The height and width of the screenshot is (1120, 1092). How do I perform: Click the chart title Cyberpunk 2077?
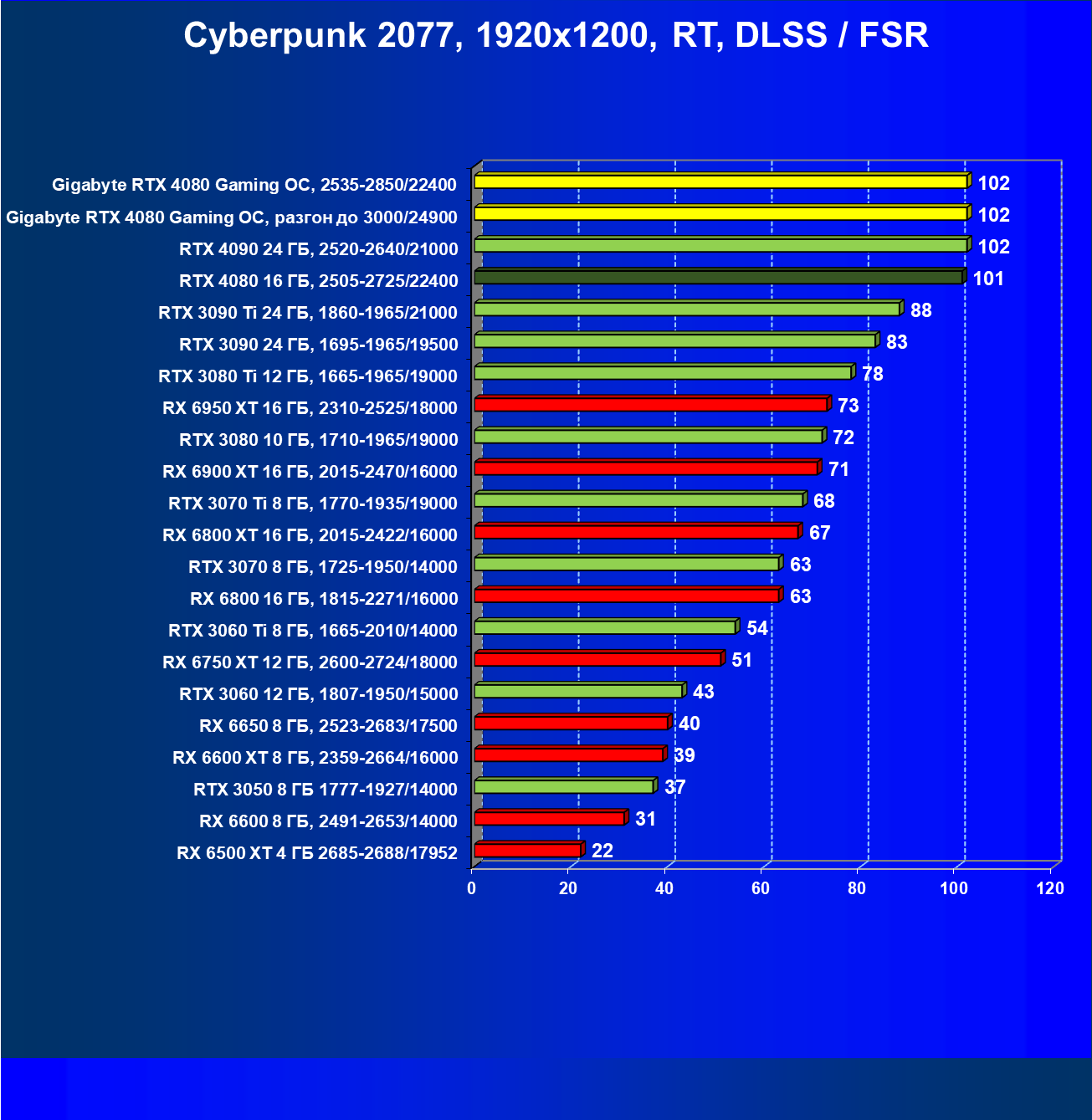click(x=556, y=36)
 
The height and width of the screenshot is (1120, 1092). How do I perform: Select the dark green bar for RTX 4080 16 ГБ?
click(x=718, y=277)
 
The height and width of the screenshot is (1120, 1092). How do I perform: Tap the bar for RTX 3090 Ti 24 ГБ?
click(x=686, y=309)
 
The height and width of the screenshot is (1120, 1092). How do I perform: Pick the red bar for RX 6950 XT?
click(x=651, y=405)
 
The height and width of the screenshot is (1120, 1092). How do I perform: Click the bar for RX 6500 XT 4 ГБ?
click(x=527, y=851)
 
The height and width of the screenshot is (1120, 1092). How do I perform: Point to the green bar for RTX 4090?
click(x=720, y=245)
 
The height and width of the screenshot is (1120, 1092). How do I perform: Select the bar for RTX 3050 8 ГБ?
click(x=563, y=786)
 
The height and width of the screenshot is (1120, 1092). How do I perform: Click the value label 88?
click(x=920, y=310)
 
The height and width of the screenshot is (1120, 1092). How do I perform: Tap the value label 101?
click(x=988, y=279)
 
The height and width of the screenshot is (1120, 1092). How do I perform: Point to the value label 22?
click(x=602, y=851)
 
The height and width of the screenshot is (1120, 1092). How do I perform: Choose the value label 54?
click(x=756, y=628)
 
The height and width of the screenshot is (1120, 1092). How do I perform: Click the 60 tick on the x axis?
click(x=761, y=888)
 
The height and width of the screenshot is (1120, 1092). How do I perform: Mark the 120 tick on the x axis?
click(x=1050, y=888)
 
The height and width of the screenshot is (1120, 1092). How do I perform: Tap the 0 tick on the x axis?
click(x=472, y=888)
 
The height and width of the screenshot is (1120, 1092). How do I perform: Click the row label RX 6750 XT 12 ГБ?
click(x=310, y=662)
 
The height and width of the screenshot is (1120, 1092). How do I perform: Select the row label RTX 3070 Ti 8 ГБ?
click(x=313, y=504)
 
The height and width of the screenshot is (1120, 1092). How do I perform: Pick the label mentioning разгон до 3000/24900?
click(x=232, y=217)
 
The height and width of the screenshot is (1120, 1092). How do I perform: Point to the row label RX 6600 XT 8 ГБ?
click(x=315, y=758)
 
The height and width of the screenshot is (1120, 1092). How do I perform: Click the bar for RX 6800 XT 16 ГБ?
click(x=636, y=532)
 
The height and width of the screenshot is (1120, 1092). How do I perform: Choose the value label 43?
click(x=703, y=692)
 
